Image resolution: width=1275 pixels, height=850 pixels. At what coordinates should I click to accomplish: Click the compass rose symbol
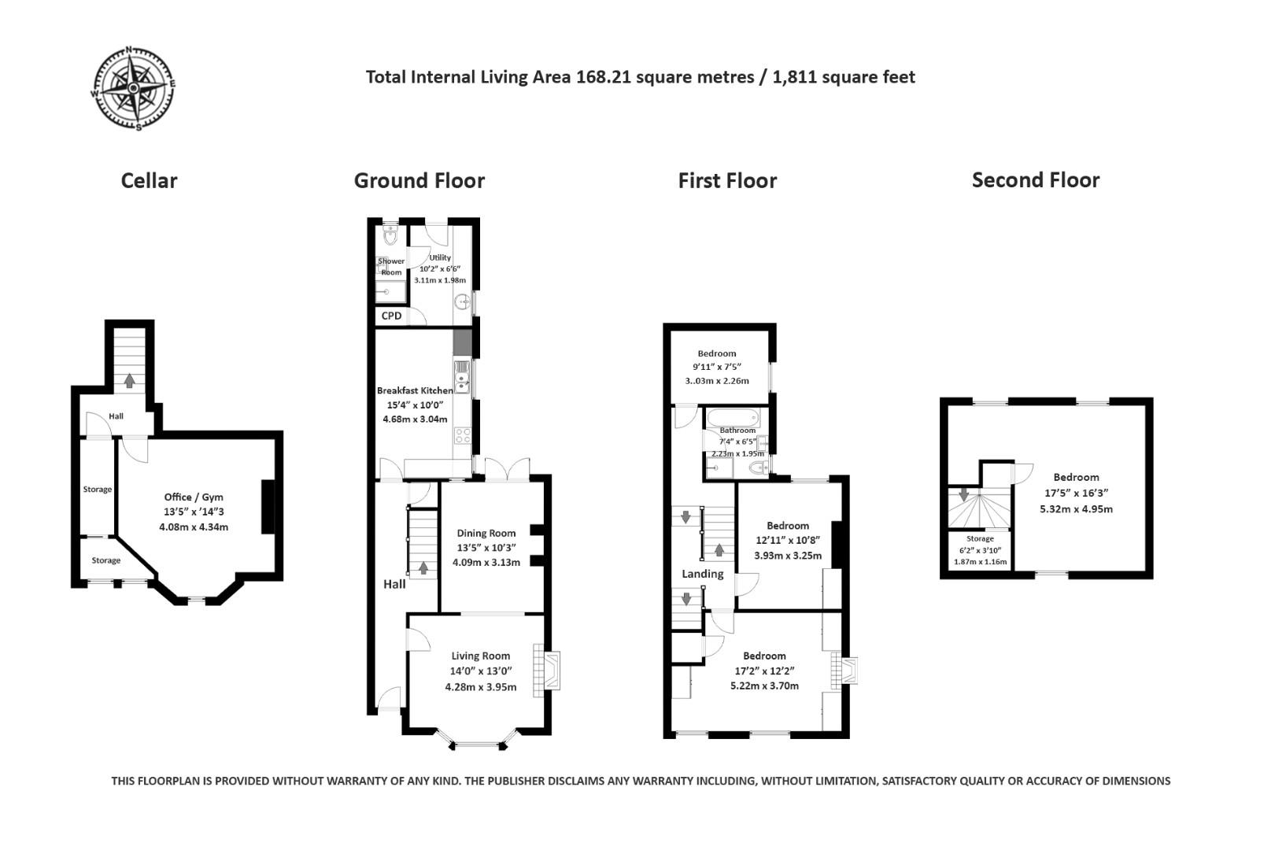[x=133, y=87]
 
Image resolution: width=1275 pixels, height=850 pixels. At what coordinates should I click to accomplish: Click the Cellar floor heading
[x=149, y=181]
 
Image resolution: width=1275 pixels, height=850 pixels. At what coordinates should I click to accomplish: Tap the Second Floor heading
[x=1035, y=180]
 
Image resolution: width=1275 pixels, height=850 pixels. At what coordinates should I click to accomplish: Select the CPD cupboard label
[x=391, y=316]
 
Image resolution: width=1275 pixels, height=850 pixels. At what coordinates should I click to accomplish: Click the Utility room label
[x=440, y=257]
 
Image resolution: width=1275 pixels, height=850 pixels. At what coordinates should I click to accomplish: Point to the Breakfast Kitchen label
[x=415, y=390]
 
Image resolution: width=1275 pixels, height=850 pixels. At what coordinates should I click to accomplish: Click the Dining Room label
[x=486, y=534]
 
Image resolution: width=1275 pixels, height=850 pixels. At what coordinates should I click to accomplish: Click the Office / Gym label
[x=193, y=497]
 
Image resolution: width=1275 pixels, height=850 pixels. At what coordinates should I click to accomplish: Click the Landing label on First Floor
[x=702, y=574]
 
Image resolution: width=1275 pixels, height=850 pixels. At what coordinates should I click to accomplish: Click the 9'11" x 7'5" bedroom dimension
[x=716, y=367]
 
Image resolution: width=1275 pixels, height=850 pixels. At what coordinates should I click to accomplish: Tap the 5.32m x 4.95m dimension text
[x=1076, y=508]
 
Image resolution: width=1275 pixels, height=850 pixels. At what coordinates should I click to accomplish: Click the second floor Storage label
[x=980, y=539]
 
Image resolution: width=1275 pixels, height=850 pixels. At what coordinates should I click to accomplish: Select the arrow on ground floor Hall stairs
[x=423, y=567]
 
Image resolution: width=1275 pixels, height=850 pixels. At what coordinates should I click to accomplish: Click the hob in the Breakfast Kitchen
[x=464, y=435]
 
